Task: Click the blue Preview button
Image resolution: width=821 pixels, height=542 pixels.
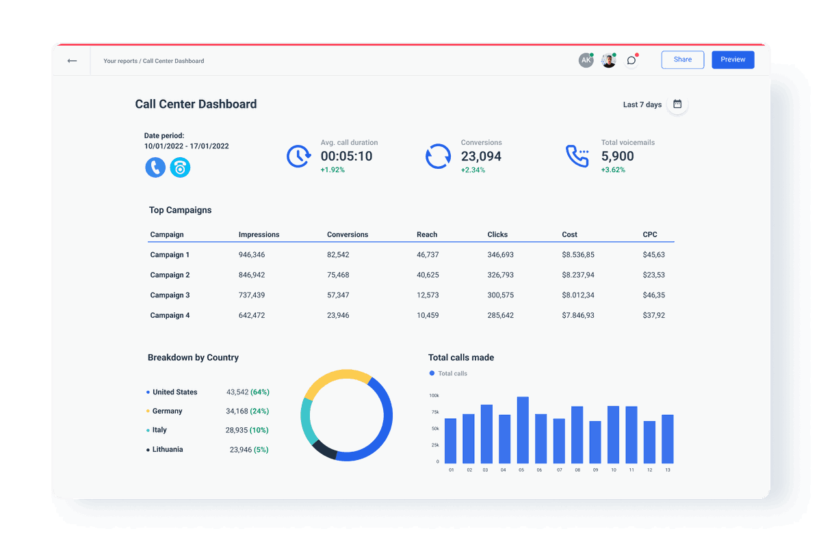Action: coord(733,59)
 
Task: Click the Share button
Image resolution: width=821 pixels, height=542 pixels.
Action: coord(682,59)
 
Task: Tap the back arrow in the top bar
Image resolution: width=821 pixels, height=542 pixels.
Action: coord(72,61)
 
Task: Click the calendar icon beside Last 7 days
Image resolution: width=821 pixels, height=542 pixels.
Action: coord(677,105)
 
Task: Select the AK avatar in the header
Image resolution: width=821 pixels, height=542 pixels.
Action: coord(586,60)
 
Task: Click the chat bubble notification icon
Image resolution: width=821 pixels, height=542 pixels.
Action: coord(631,60)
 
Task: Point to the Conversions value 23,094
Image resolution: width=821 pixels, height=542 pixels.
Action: coord(481,157)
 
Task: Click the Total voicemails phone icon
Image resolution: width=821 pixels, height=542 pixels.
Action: coord(577,156)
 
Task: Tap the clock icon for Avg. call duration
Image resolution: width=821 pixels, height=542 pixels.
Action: coord(298,156)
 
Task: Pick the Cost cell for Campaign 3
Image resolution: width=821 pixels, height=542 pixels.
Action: coord(577,295)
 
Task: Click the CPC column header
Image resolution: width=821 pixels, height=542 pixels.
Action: coord(649,234)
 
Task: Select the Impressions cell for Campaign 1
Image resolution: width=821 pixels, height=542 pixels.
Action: coord(251,255)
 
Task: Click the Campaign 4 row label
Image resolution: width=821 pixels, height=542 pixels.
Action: coord(170,316)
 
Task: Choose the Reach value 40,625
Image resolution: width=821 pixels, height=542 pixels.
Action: coord(428,275)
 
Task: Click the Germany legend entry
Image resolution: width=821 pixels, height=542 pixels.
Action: coord(167,411)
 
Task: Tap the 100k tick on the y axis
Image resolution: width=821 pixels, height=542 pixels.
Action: coord(434,396)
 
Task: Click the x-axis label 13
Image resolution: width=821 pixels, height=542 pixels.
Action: coord(667,470)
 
